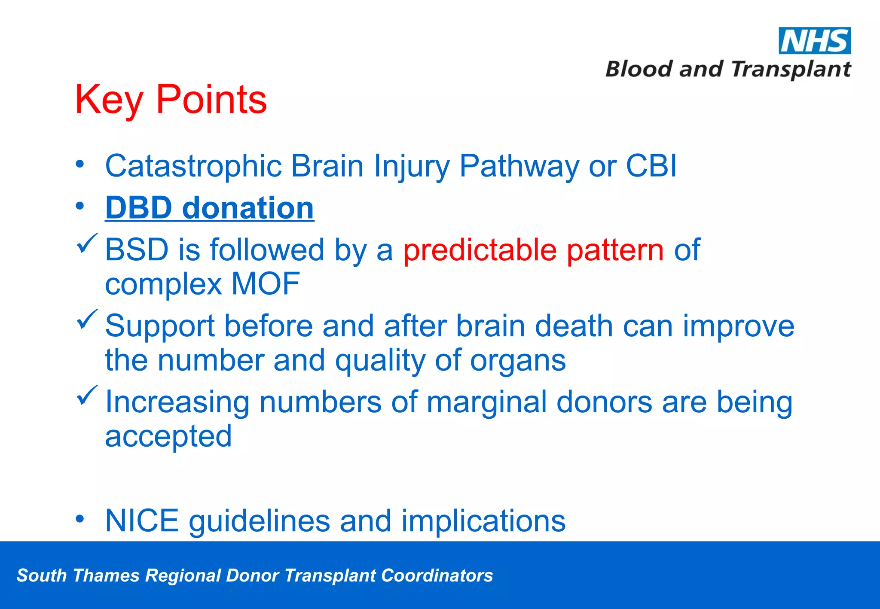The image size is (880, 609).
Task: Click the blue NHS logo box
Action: [x=814, y=41]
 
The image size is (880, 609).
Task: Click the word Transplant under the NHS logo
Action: [x=790, y=70]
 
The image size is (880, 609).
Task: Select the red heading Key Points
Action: [x=171, y=100]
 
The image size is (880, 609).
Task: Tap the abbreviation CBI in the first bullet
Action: [x=651, y=166]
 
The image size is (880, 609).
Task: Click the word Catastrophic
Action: [x=193, y=167]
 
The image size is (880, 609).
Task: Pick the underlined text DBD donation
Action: [x=209, y=208]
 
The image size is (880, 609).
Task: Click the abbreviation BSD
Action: [x=136, y=250]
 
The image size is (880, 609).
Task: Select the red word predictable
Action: [x=480, y=250]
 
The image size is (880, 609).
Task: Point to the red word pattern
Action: [x=615, y=250]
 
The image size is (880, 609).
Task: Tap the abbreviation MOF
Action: [x=265, y=283]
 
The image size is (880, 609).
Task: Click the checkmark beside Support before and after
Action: [x=87, y=320]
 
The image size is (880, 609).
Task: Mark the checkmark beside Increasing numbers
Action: [x=87, y=396]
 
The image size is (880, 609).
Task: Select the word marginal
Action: [x=486, y=403]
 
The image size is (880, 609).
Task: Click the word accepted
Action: [x=168, y=436]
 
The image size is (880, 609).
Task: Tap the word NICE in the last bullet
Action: [x=142, y=521]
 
